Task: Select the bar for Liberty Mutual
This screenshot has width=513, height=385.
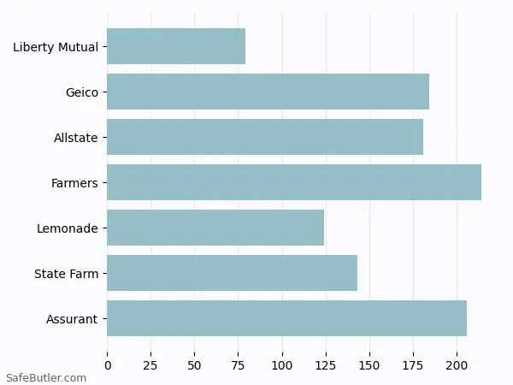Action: click(176, 46)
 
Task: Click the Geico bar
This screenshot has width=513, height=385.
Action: click(268, 92)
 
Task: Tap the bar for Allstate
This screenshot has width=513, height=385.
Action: click(265, 137)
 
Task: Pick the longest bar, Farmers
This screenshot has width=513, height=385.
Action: click(294, 182)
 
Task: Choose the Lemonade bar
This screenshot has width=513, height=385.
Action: click(215, 228)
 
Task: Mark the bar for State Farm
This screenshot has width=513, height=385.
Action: click(232, 273)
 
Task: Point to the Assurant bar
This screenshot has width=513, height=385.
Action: click(286, 318)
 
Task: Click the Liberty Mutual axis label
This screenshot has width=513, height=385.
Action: click(56, 47)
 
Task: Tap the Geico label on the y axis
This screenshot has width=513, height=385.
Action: click(82, 92)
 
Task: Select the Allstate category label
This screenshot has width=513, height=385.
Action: click(76, 138)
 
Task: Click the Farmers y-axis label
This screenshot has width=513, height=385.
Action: click(74, 183)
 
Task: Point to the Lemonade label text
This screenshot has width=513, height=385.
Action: click(68, 228)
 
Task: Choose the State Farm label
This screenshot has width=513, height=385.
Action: click(66, 274)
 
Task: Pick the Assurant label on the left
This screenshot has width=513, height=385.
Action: click(72, 319)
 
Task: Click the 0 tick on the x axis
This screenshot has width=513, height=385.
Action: click(108, 365)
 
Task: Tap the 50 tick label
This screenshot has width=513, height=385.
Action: click(195, 365)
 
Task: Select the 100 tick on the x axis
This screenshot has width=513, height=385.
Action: click(282, 365)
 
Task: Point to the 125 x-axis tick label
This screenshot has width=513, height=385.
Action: click(326, 365)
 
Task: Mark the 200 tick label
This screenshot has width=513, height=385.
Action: click(457, 365)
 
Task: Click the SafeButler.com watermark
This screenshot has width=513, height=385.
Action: click(46, 377)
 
